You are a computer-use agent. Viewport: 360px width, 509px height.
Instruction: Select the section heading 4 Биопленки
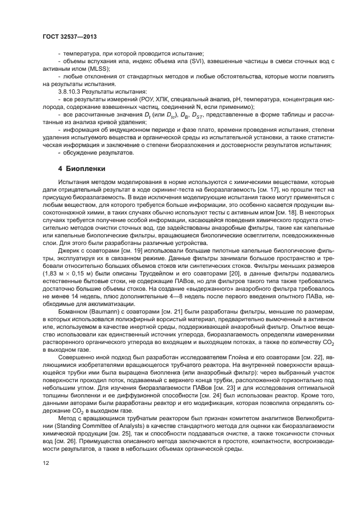pyautogui.click(x=80, y=168)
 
